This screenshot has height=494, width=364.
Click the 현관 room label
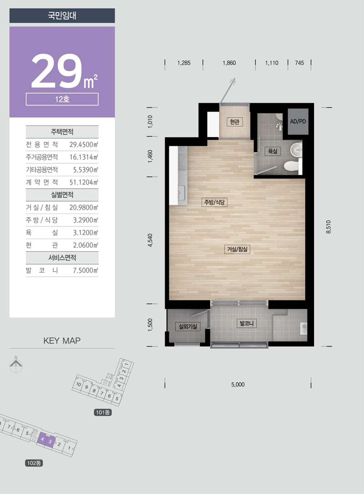click(x=235, y=122)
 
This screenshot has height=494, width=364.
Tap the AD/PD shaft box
click(x=298, y=122)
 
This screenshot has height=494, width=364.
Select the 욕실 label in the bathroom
click(x=273, y=151)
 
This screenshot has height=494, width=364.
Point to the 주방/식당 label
click(x=214, y=202)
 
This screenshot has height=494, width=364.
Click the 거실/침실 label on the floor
click(x=237, y=249)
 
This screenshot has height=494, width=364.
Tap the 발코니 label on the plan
click(x=247, y=323)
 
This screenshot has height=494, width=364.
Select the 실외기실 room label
click(x=188, y=326)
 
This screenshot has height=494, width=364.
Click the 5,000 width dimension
click(x=238, y=384)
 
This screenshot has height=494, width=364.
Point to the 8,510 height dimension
click(x=329, y=227)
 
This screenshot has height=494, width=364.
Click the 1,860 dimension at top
click(x=229, y=63)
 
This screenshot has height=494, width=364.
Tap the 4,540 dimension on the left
click(x=150, y=240)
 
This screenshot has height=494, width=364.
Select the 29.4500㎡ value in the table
click(x=84, y=145)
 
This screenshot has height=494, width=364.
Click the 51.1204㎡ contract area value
click(x=84, y=182)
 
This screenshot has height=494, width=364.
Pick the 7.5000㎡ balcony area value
click(x=86, y=270)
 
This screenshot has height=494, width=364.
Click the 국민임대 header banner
click(x=62, y=15)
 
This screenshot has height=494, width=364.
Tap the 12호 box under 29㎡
click(x=62, y=99)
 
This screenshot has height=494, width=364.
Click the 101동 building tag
click(x=103, y=412)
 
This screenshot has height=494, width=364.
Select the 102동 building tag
click(x=34, y=463)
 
